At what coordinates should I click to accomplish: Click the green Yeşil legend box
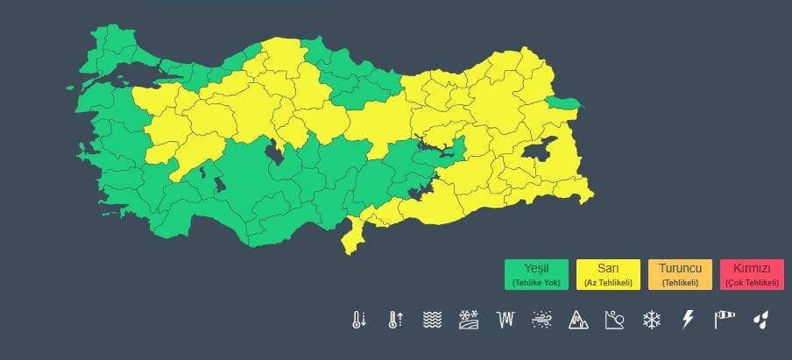click(x=537, y=274)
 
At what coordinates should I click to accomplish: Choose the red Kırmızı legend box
click(x=752, y=274)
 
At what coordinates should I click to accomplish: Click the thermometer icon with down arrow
click(x=358, y=320)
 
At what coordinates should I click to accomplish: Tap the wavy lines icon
click(x=432, y=320)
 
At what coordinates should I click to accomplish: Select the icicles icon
click(x=505, y=320)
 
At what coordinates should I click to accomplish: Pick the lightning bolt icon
click(x=687, y=320)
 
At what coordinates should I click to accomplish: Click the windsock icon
click(x=724, y=320)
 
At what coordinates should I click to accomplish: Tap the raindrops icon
click(x=760, y=320)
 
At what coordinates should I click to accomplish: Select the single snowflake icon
click(x=651, y=320)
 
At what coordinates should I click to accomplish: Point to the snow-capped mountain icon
click(x=578, y=320)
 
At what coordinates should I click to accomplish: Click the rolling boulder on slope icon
click(x=614, y=320)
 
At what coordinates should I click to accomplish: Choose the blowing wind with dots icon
click(x=541, y=320)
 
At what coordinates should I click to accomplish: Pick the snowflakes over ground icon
click(x=468, y=320)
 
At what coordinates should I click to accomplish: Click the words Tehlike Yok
click(x=537, y=282)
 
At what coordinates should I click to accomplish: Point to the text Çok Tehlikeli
click(x=752, y=282)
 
